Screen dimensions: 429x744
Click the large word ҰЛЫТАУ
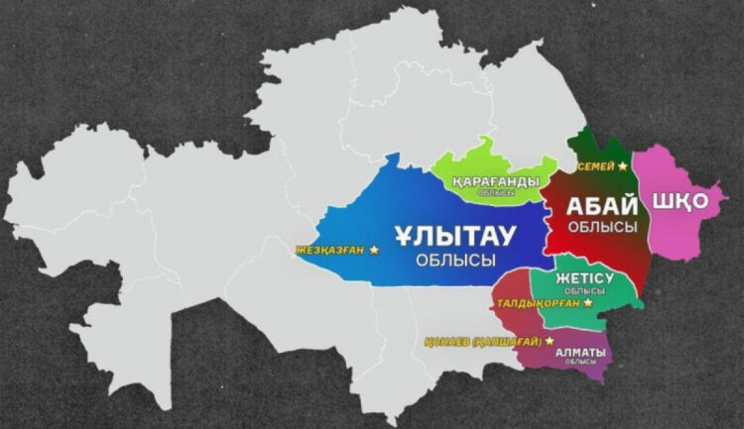(x=455, y=236)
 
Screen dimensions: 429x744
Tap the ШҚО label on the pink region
(x=680, y=201)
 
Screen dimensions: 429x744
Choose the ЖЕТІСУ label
(x=583, y=277)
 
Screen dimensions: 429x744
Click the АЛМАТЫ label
(x=579, y=351)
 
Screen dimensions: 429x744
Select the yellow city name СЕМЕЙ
(x=596, y=166)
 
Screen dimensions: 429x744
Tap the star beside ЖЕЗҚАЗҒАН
(x=373, y=250)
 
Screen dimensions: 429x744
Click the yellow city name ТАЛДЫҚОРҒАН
(x=538, y=304)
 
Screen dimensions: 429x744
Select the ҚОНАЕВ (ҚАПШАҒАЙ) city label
(x=478, y=341)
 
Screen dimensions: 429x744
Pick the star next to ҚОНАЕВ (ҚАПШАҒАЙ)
(x=547, y=340)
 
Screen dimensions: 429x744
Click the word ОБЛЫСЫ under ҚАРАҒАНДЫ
(x=495, y=193)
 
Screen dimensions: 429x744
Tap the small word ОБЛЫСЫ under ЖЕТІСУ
(x=583, y=290)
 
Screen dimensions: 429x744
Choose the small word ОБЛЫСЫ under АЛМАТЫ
(x=579, y=363)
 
